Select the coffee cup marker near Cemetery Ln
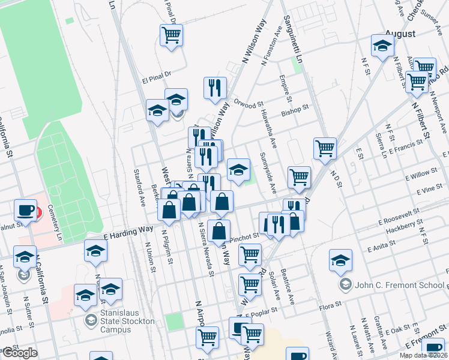[x=26, y=210]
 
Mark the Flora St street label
[x=330, y=305]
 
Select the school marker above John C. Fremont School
[x=340, y=260]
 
